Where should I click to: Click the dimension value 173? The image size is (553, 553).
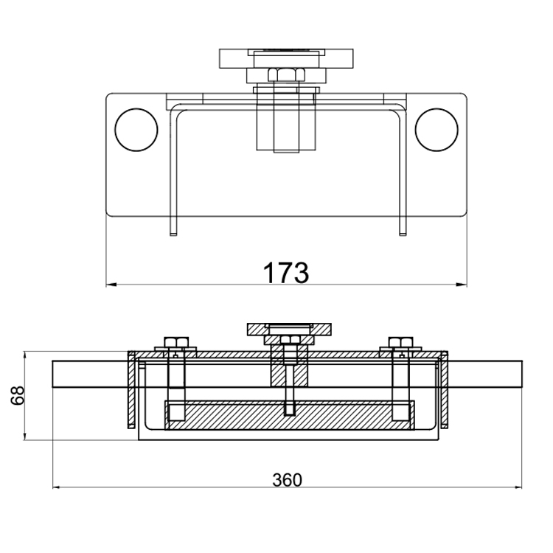tap(286, 271)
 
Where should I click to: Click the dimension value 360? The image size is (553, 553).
tap(287, 480)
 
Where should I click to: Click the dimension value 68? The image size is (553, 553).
tap(17, 396)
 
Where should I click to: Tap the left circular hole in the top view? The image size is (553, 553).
tap(136, 129)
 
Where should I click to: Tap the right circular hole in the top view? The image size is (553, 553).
tap(437, 129)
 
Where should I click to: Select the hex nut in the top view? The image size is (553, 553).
tap(283, 74)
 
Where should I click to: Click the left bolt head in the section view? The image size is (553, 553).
tap(175, 341)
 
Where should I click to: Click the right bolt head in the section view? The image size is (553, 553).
tap(399, 341)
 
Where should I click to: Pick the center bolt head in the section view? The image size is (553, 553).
tap(288, 340)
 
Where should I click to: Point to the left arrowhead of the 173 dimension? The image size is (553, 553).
tap(111, 284)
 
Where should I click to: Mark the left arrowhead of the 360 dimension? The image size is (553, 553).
tap(57, 487)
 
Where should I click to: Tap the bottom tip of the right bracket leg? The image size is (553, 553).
tap(403, 233)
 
